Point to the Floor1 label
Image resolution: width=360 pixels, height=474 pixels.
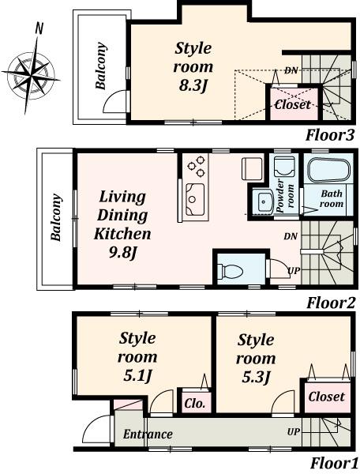coord(333,463)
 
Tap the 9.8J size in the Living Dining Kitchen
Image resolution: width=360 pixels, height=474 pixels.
coord(122,253)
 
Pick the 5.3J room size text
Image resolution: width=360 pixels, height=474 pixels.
coord(256,376)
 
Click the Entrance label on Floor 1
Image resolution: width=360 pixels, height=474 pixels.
coord(148,434)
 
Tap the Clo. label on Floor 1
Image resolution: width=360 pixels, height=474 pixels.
coord(196,403)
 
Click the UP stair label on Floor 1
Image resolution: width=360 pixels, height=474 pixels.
coord(293,432)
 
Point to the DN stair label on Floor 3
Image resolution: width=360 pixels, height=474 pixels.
coord(291,71)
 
